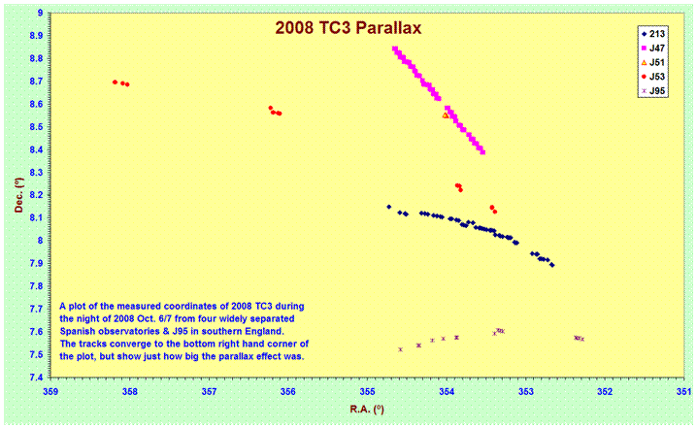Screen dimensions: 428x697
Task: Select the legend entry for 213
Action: click(x=654, y=32)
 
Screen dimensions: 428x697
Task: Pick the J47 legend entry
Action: click(x=654, y=47)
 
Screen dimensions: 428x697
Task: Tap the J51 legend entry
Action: click(x=654, y=61)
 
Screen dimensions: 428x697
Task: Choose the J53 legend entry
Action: click(x=654, y=76)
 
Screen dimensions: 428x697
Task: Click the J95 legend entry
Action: click(x=654, y=90)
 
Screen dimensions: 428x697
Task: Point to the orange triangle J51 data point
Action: click(x=446, y=115)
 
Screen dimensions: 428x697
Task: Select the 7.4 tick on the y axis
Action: click(x=34, y=378)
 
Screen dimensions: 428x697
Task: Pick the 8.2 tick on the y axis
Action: click(x=34, y=195)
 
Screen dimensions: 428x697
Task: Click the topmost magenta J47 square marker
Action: click(x=394, y=49)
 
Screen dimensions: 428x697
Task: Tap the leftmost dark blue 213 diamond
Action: click(x=389, y=207)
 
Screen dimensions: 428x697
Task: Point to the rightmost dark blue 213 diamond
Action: click(x=552, y=265)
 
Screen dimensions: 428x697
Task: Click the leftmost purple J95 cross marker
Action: click(x=400, y=349)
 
